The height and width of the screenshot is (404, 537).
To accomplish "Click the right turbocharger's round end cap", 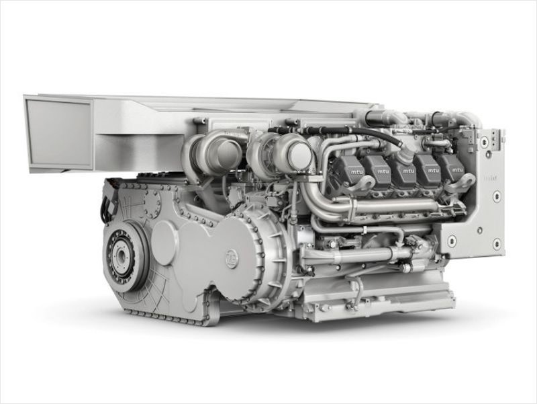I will [x=299, y=157].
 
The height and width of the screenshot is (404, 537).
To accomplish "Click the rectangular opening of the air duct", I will [x=58, y=133].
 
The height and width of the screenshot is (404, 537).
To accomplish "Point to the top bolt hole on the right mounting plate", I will [x=483, y=143].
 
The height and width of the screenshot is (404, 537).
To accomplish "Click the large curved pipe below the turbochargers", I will [x=315, y=202].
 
